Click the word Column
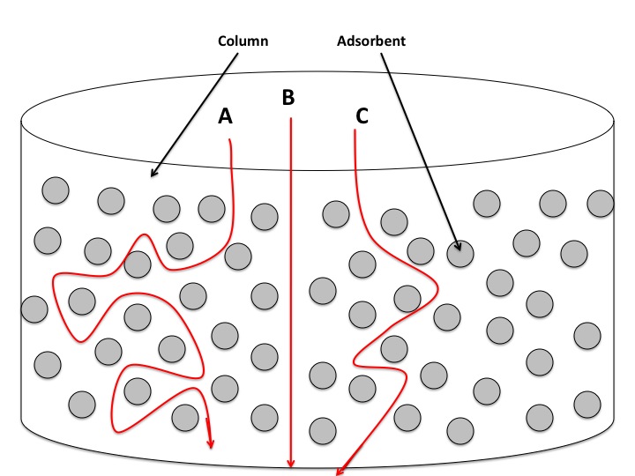(243, 41)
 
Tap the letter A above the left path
(225, 116)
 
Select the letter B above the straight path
(288, 98)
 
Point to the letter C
(362, 115)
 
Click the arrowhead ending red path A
(210, 441)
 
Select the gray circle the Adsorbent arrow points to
(459, 255)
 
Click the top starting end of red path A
(230, 138)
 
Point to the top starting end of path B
(290, 117)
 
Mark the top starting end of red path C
(355, 131)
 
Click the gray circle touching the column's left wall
(34, 309)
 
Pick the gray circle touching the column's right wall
(601, 203)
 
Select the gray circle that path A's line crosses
(137, 263)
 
